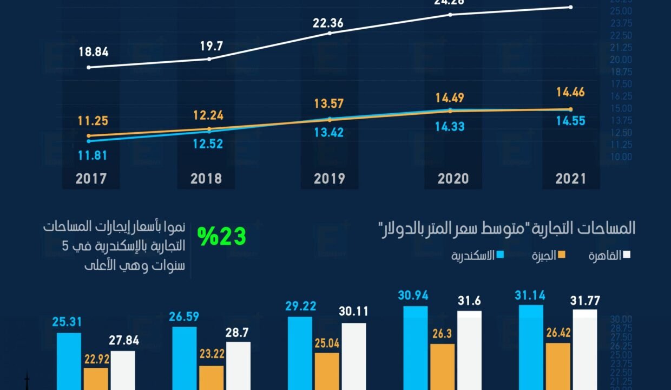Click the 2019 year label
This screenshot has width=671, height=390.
pos(329,179)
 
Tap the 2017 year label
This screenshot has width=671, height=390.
pos(91,179)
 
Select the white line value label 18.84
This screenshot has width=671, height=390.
pos(94,52)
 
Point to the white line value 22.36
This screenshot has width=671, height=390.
pos(327,23)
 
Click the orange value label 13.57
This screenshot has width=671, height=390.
pos(328,103)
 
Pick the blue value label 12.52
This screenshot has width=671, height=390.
pos(207,144)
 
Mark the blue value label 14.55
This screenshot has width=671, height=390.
pos(570,121)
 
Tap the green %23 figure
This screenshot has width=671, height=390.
pos(221,236)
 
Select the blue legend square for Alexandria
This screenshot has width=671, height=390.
pos(501,255)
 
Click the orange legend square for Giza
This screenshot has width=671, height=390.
pos(562,255)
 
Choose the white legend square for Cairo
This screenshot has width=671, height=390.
pos(627,255)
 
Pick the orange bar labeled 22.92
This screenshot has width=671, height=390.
pos(96,379)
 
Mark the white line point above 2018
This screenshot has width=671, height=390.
pos(209,58)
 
